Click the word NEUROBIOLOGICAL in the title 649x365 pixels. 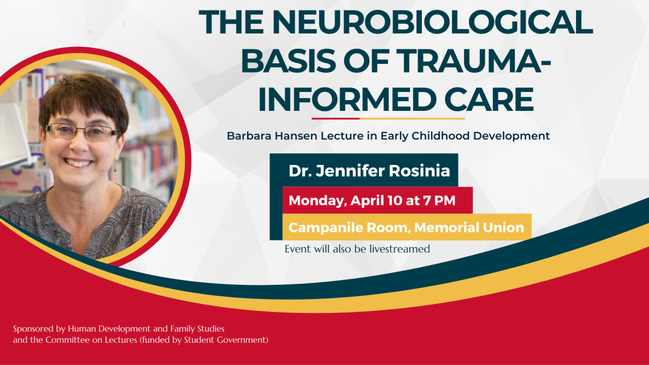tap(433, 22)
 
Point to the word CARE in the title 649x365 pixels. tap(489, 99)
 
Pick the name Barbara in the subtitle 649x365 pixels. tap(249, 136)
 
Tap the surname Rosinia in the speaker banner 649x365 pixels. tap(419, 171)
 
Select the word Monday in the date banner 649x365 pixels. tap(317, 201)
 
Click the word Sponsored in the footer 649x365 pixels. tap(34, 329)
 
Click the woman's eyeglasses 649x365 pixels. tap(82, 131)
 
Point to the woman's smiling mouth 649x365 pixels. tap(78, 163)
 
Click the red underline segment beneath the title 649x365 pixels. tap(335, 118)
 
